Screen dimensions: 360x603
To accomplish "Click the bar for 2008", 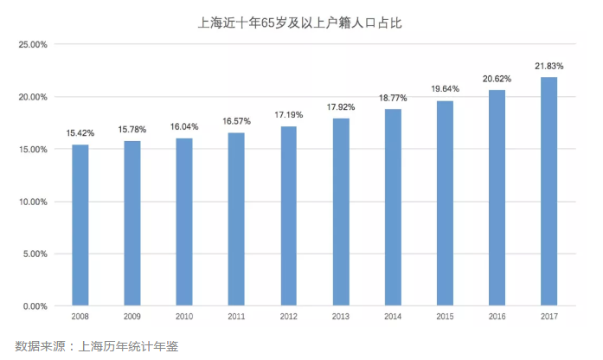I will (80, 225).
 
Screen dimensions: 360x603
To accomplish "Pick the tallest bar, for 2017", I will (548, 191).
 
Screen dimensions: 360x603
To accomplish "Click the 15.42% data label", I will (80, 134).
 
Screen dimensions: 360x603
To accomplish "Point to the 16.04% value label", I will (184, 126).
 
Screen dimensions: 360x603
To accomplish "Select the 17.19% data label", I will (288, 114).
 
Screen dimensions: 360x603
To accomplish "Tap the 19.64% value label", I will (445, 88).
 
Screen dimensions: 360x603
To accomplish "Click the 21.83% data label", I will (548, 66).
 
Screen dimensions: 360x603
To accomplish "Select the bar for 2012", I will (288, 216).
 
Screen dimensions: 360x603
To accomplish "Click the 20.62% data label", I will (497, 79).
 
